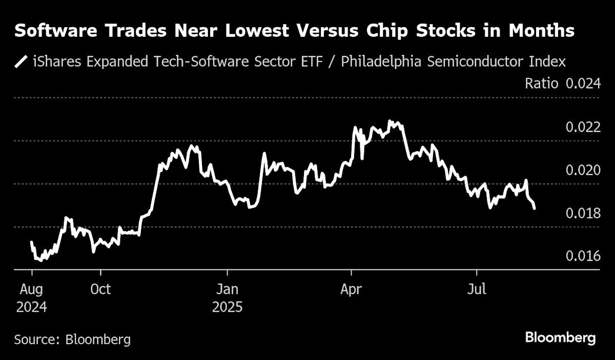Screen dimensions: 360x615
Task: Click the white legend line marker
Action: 22,62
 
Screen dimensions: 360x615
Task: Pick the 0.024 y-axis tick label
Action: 583,83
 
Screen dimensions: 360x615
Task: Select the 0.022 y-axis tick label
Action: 583,127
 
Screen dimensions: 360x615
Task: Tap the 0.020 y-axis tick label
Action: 583,170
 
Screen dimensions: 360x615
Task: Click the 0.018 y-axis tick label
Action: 583,213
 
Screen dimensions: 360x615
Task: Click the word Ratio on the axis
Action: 541,83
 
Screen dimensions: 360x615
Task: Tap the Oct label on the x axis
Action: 100,289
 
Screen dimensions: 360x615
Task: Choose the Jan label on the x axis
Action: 227,289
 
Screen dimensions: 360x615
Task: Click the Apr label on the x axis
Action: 351,289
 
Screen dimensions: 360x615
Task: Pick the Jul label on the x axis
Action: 477,289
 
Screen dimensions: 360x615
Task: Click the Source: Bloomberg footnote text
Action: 72,339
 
